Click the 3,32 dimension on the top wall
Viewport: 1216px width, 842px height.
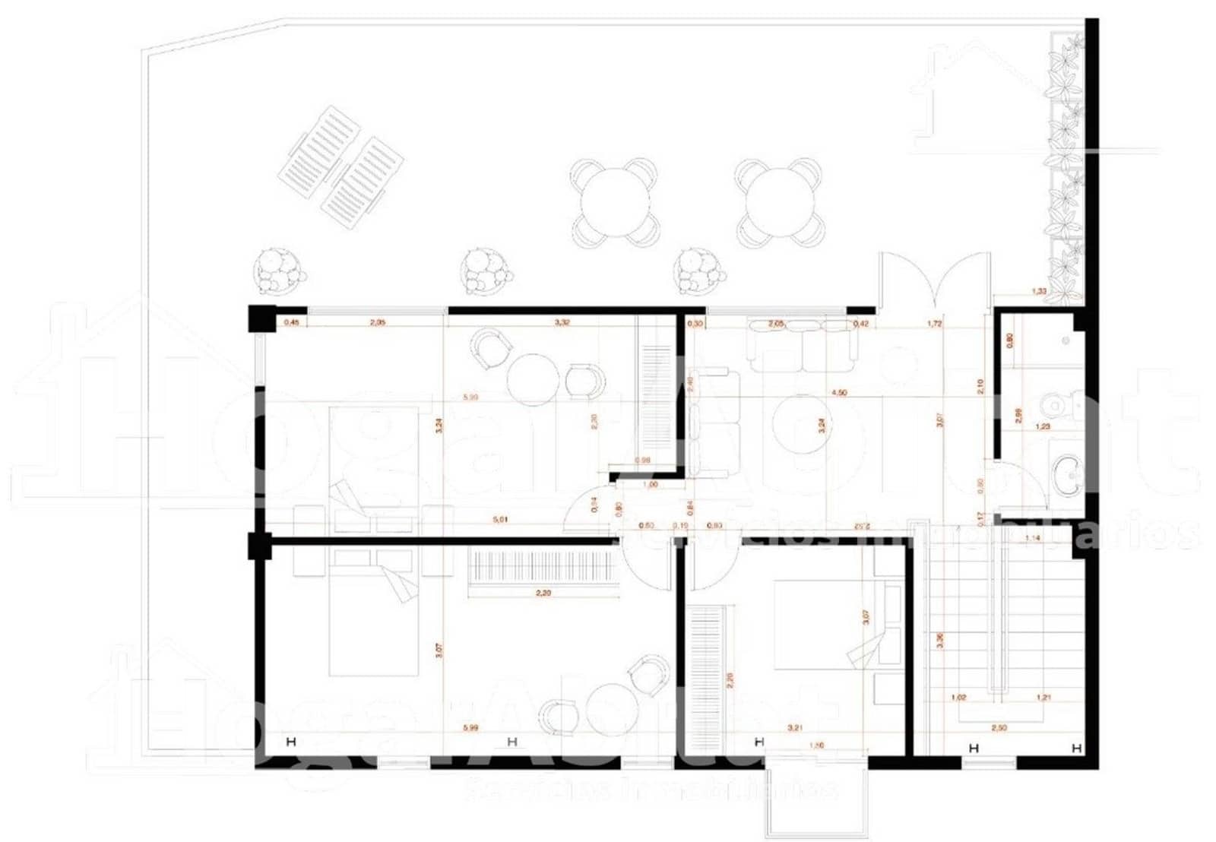[562, 323]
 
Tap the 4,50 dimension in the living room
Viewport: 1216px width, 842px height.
[839, 393]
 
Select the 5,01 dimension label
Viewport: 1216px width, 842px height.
[500, 520]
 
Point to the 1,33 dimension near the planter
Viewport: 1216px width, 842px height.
[1039, 290]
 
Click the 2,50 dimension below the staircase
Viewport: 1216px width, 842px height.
[999, 727]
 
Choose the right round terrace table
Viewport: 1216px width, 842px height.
[779, 202]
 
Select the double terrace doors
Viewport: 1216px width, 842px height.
[936, 285]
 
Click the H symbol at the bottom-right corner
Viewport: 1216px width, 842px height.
[1075, 749]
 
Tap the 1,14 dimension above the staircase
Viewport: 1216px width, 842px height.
[1032, 538]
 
